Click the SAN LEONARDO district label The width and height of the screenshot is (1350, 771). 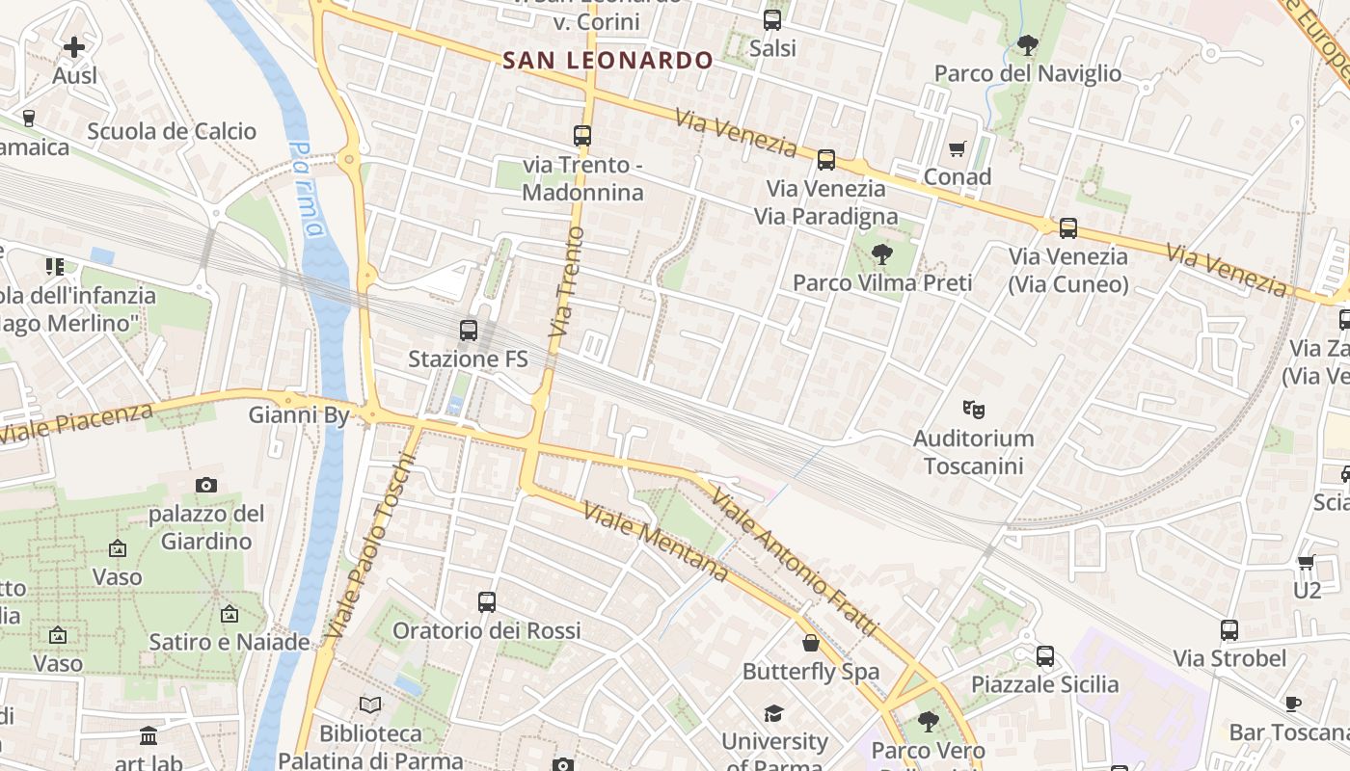(607, 60)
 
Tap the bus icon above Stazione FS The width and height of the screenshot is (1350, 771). (469, 331)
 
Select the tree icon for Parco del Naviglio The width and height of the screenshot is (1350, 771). (1027, 44)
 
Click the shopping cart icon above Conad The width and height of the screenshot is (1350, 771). (957, 148)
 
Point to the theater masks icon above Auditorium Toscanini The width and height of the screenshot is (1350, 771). (973, 410)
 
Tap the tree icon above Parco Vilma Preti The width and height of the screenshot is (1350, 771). (881, 254)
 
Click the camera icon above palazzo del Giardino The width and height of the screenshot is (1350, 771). (205, 485)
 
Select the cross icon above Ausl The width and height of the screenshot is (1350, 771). (74, 46)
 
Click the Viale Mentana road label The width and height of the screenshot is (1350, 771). (656, 542)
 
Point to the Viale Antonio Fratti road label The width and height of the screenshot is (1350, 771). (795, 562)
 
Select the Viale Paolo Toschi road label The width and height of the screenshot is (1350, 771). (370, 546)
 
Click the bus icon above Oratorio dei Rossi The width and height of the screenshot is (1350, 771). (487, 602)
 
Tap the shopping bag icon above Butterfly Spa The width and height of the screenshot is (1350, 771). (811, 643)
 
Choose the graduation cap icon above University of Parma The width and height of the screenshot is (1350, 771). (773, 713)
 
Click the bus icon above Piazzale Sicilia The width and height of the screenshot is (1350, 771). (1045, 656)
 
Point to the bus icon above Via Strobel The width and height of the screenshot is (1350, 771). (1229, 630)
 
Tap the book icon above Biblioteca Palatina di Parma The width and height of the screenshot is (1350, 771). (370, 705)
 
